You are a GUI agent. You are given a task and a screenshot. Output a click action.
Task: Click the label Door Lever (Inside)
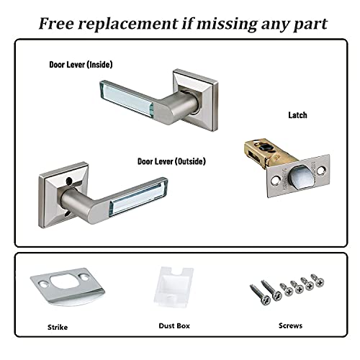point(80,65)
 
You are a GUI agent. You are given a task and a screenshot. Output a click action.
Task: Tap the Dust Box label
point(175,325)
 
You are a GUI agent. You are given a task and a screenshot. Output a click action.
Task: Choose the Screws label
point(290,325)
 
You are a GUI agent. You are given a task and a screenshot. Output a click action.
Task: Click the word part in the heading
point(310,24)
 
